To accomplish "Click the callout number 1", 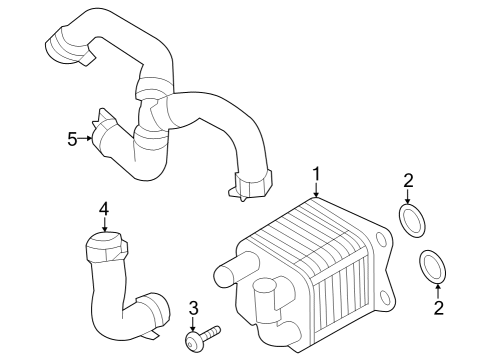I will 317,177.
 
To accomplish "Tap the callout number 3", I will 194,307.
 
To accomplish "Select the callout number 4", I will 104,209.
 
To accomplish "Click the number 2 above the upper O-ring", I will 408,181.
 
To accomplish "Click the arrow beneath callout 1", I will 317,193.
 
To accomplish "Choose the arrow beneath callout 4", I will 104,224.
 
